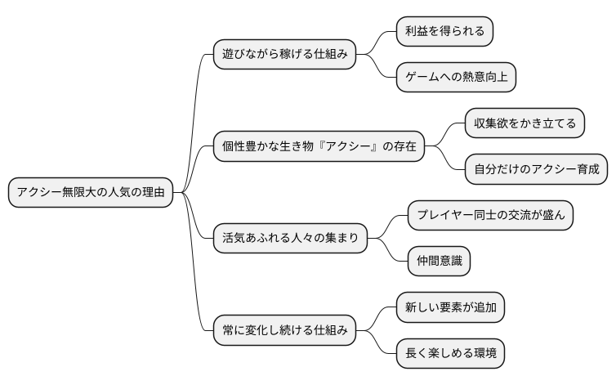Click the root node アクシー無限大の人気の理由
tap(90, 193)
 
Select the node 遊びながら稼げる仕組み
tap(284, 55)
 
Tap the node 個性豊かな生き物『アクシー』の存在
tap(319, 147)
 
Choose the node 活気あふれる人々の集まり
tap(290, 239)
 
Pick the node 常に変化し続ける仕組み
tap(284, 331)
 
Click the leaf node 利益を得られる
tap(444, 32)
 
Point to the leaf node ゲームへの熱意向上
tap(456, 78)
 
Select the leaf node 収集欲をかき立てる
tap(524, 124)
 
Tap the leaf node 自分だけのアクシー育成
tap(537, 170)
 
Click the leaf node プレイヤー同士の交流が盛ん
tap(490, 216)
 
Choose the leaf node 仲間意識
tap(439, 262)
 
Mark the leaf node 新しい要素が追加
tap(450, 308)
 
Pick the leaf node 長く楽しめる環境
tap(450, 354)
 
